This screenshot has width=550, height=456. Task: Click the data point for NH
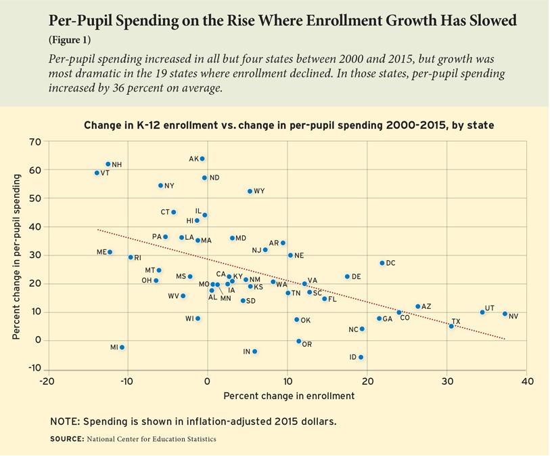click(x=108, y=164)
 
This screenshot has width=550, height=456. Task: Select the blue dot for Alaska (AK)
click(x=202, y=159)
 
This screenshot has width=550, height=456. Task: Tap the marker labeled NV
click(x=505, y=314)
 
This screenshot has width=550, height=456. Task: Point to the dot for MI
click(x=122, y=347)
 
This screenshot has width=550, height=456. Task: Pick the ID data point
click(x=361, y=357)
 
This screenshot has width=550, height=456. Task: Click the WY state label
click(x=259, y=192)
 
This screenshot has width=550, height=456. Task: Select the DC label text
click(x=391, y=263)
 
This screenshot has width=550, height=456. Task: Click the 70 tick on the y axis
click(x=35, y=142)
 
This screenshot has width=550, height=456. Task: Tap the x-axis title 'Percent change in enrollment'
click(x=289, y=396)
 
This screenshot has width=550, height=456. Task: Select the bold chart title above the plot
click(x=289, y=125)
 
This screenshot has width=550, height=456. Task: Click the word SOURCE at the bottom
click(x=67, y=439)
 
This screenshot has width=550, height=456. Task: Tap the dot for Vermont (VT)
click(x=97, y=173)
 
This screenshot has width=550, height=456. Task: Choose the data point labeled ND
click(x=204, y=178)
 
